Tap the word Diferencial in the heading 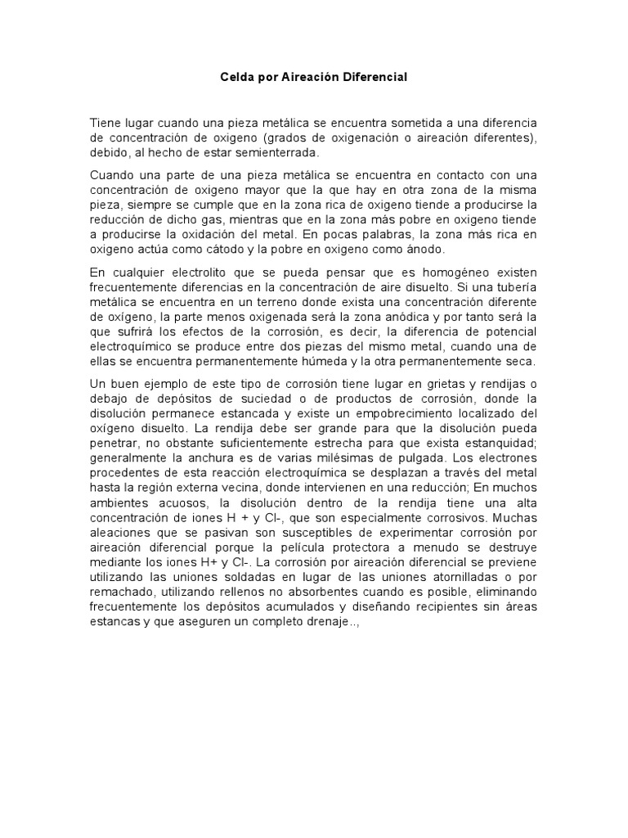coord(375,77)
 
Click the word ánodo coord(419,249)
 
